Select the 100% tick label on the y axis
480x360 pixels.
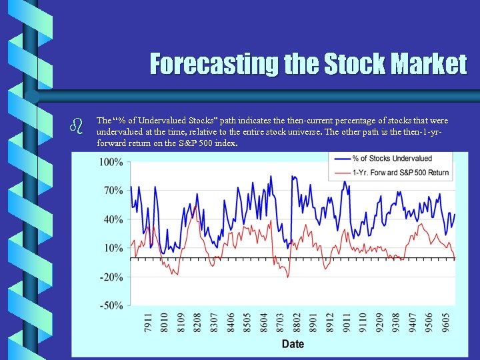111,162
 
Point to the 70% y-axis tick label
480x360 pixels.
113,191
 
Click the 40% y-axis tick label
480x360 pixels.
113,219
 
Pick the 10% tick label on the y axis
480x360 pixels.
113,248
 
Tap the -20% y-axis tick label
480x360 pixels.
111,277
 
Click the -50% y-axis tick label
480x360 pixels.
111,305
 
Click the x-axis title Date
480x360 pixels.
293,344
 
